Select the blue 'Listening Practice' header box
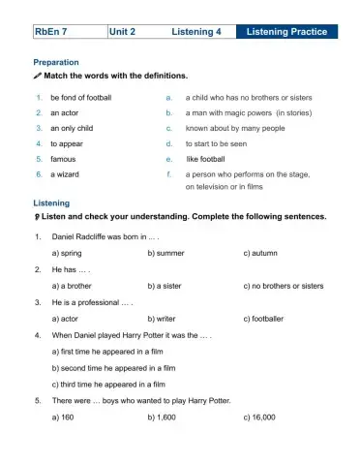click(x=286, y=32)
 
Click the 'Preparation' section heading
click(x=56, y=62)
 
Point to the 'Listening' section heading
click(x=51, y=202)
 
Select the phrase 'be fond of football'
click(x=81, y=98)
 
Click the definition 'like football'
click(x=206, y=158)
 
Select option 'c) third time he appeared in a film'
click(x=112, y=384)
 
